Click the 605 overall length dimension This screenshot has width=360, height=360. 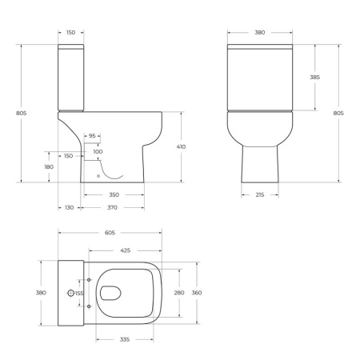pyautogui.click(x=110, y=233)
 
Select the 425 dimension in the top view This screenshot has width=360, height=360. pyautogui.click(x=126, y=250)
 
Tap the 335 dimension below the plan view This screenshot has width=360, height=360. pyautogui.click(x=125, y=340)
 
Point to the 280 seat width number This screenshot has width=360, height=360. pyautogui.click(x=179, y=294)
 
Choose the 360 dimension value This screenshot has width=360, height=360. pyautogui.click(x=197, y=294)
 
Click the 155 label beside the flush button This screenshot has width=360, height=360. pyautogui.click(x=79, y=294)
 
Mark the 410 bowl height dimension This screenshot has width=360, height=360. pyautogui.click(x=182, y=147)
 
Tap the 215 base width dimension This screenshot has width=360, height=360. pyautogui.click(x=260, y=194)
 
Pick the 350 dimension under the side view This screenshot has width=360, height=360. pyautogui.click(x=114, y=194)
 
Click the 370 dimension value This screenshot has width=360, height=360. pyautogui.click(x=113, y=207)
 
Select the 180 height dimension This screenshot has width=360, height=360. pyautogui.click(x=48, y=166)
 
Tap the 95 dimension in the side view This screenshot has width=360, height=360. pyautogui.click(x=92, y=136)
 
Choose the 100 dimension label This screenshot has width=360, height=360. pyautogui.click(x=98, y=151)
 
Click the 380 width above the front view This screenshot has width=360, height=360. pyautogui.click(x=260, y=33)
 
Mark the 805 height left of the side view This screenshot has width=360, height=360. pyautogui.click(x=21, y=114)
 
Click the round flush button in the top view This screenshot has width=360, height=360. pyautogui.click(x=70, y=294)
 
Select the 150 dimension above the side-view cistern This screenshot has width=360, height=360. pyautogui.click(x=70, y=33)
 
